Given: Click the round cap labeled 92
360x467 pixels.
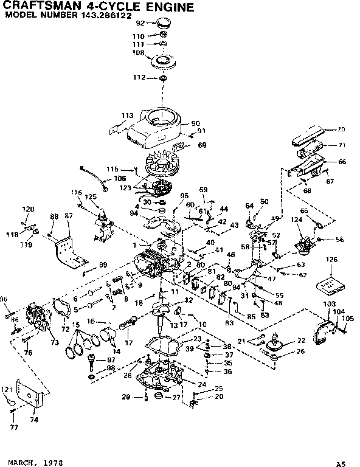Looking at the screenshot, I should coord(162,24).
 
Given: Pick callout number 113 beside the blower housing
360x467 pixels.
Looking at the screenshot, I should coord(127,115).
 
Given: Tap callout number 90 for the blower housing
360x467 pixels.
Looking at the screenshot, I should coord(195,123).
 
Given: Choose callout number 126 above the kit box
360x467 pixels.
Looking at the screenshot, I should coord(331,261).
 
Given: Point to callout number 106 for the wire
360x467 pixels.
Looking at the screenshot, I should coord(120,179).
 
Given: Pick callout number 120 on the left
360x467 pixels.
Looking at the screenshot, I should coord(28,209).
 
